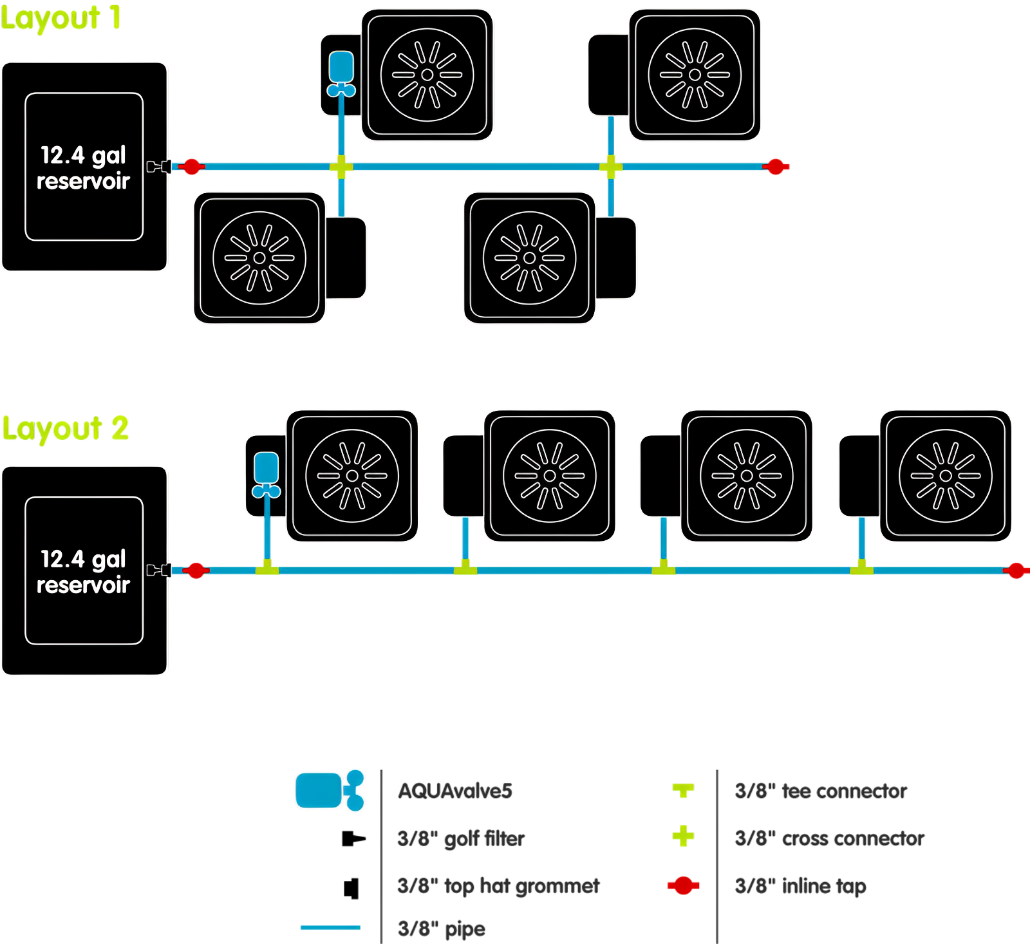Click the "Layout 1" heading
(x=61, y=18)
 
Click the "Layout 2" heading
(x=65, y=428)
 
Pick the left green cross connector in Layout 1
(x=341, y=167)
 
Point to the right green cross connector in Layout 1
(x=610, y=167)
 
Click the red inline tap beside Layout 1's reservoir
(x=191, y=167)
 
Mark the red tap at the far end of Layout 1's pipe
(x=776, y=167)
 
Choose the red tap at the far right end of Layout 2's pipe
(x=1016, y=571)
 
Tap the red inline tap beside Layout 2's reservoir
(x=196, y=571)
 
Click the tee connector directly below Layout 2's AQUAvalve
(x=267, y=568)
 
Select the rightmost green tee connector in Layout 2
(x=861, y=568)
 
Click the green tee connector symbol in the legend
(x=683, y=789)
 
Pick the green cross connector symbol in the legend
(x=683, y=836)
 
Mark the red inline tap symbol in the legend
(x=683, y=885)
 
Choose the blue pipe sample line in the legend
(x=330, y=927)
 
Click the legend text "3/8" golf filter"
(x=461, y=838)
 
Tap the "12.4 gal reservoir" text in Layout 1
(x=84, y=167)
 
